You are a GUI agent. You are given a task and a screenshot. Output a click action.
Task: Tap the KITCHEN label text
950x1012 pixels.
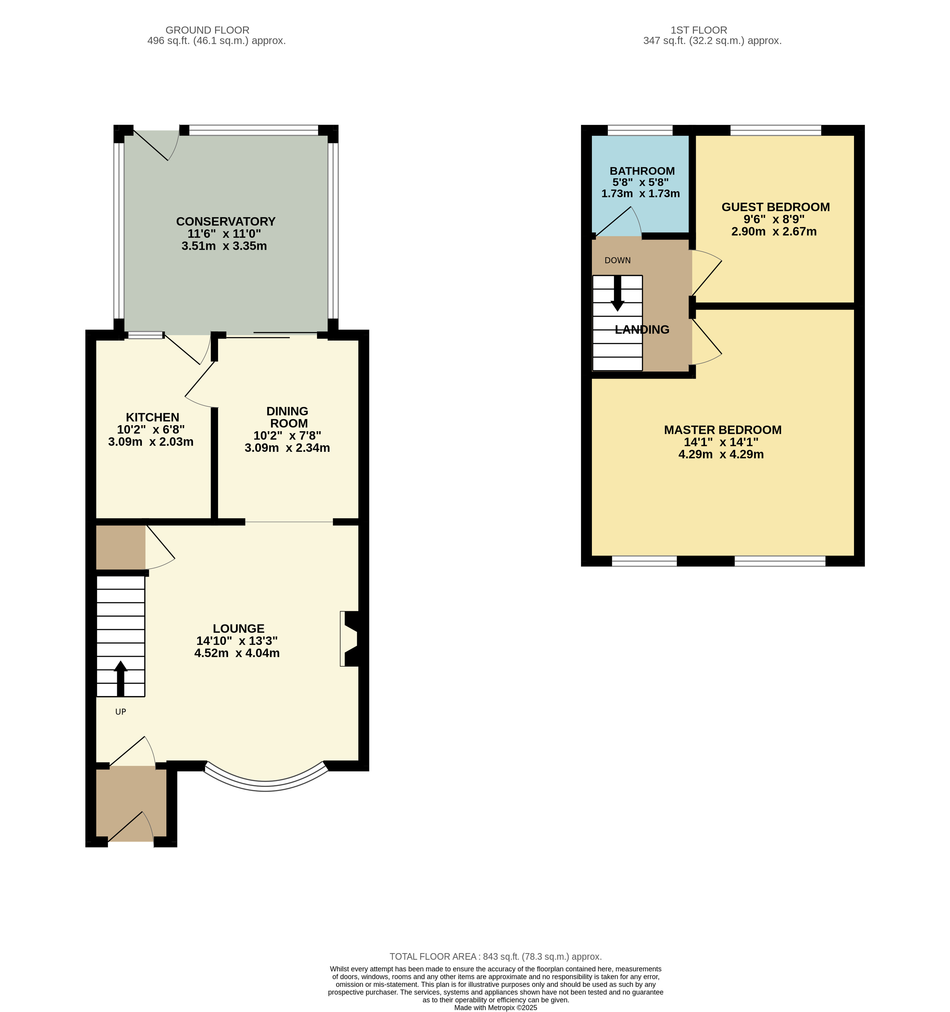coord(153,417)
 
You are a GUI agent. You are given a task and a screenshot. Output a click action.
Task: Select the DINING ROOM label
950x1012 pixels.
coord(287,417)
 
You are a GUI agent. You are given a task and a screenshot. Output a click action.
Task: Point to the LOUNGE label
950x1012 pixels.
coord(239,629)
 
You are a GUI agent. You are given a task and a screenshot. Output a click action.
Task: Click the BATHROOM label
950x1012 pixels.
coord(642,171)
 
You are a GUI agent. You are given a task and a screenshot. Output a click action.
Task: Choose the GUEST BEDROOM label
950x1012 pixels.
coord(776,207)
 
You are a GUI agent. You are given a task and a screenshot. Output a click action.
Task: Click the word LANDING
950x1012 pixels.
coord(642,330)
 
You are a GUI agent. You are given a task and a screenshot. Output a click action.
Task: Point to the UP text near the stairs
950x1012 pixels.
coord(121,712)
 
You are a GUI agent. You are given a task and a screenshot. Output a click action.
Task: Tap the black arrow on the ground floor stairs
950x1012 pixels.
coord(121,678)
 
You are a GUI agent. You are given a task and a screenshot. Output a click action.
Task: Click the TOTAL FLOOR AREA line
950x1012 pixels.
coord(496,956)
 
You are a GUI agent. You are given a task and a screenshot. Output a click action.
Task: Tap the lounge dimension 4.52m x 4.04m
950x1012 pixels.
coord(237,653)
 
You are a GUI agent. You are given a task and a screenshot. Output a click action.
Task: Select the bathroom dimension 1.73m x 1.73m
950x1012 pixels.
coord(641,194)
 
